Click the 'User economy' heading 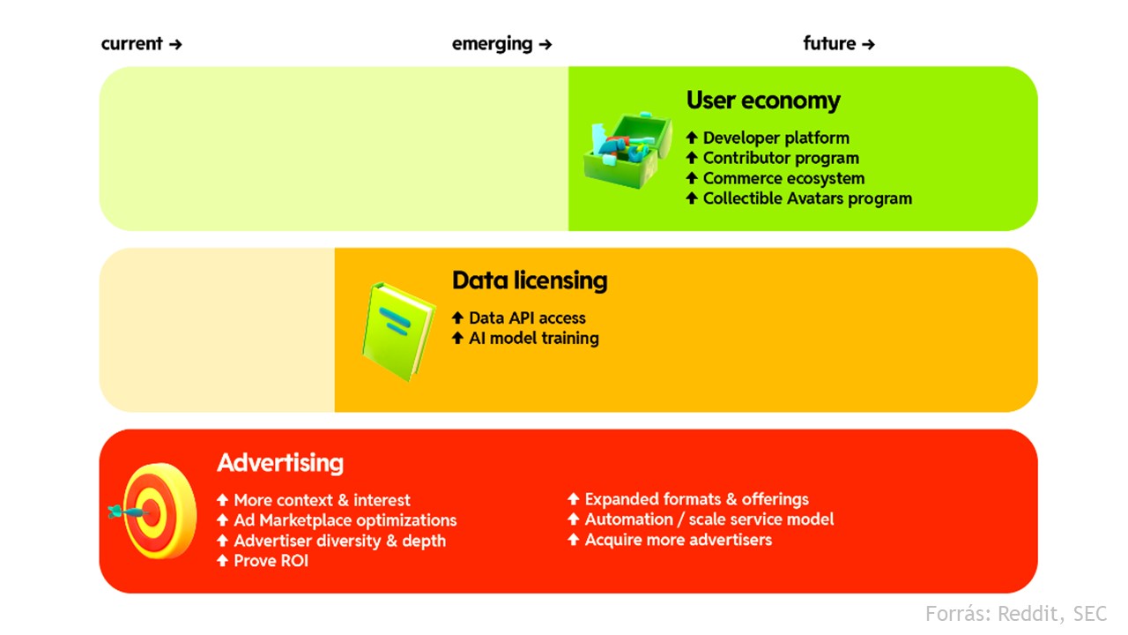(763, 101)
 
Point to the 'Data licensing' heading (530, 280)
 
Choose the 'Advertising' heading (280, 463)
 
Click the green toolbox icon (627, 150)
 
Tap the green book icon (398, 331)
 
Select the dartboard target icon (153, 511)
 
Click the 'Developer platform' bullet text (776, 138)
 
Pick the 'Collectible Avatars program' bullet (807, 198)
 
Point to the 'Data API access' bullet (527, 318)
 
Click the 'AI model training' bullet (534, 338)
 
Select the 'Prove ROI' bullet (271, 561)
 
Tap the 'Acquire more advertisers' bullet (679, 540)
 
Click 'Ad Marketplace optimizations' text (345, 520)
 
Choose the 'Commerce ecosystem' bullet (783, 178)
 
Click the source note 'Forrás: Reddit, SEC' (1016, 614)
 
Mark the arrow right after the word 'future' (868, 45)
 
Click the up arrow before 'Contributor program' (692, 158)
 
